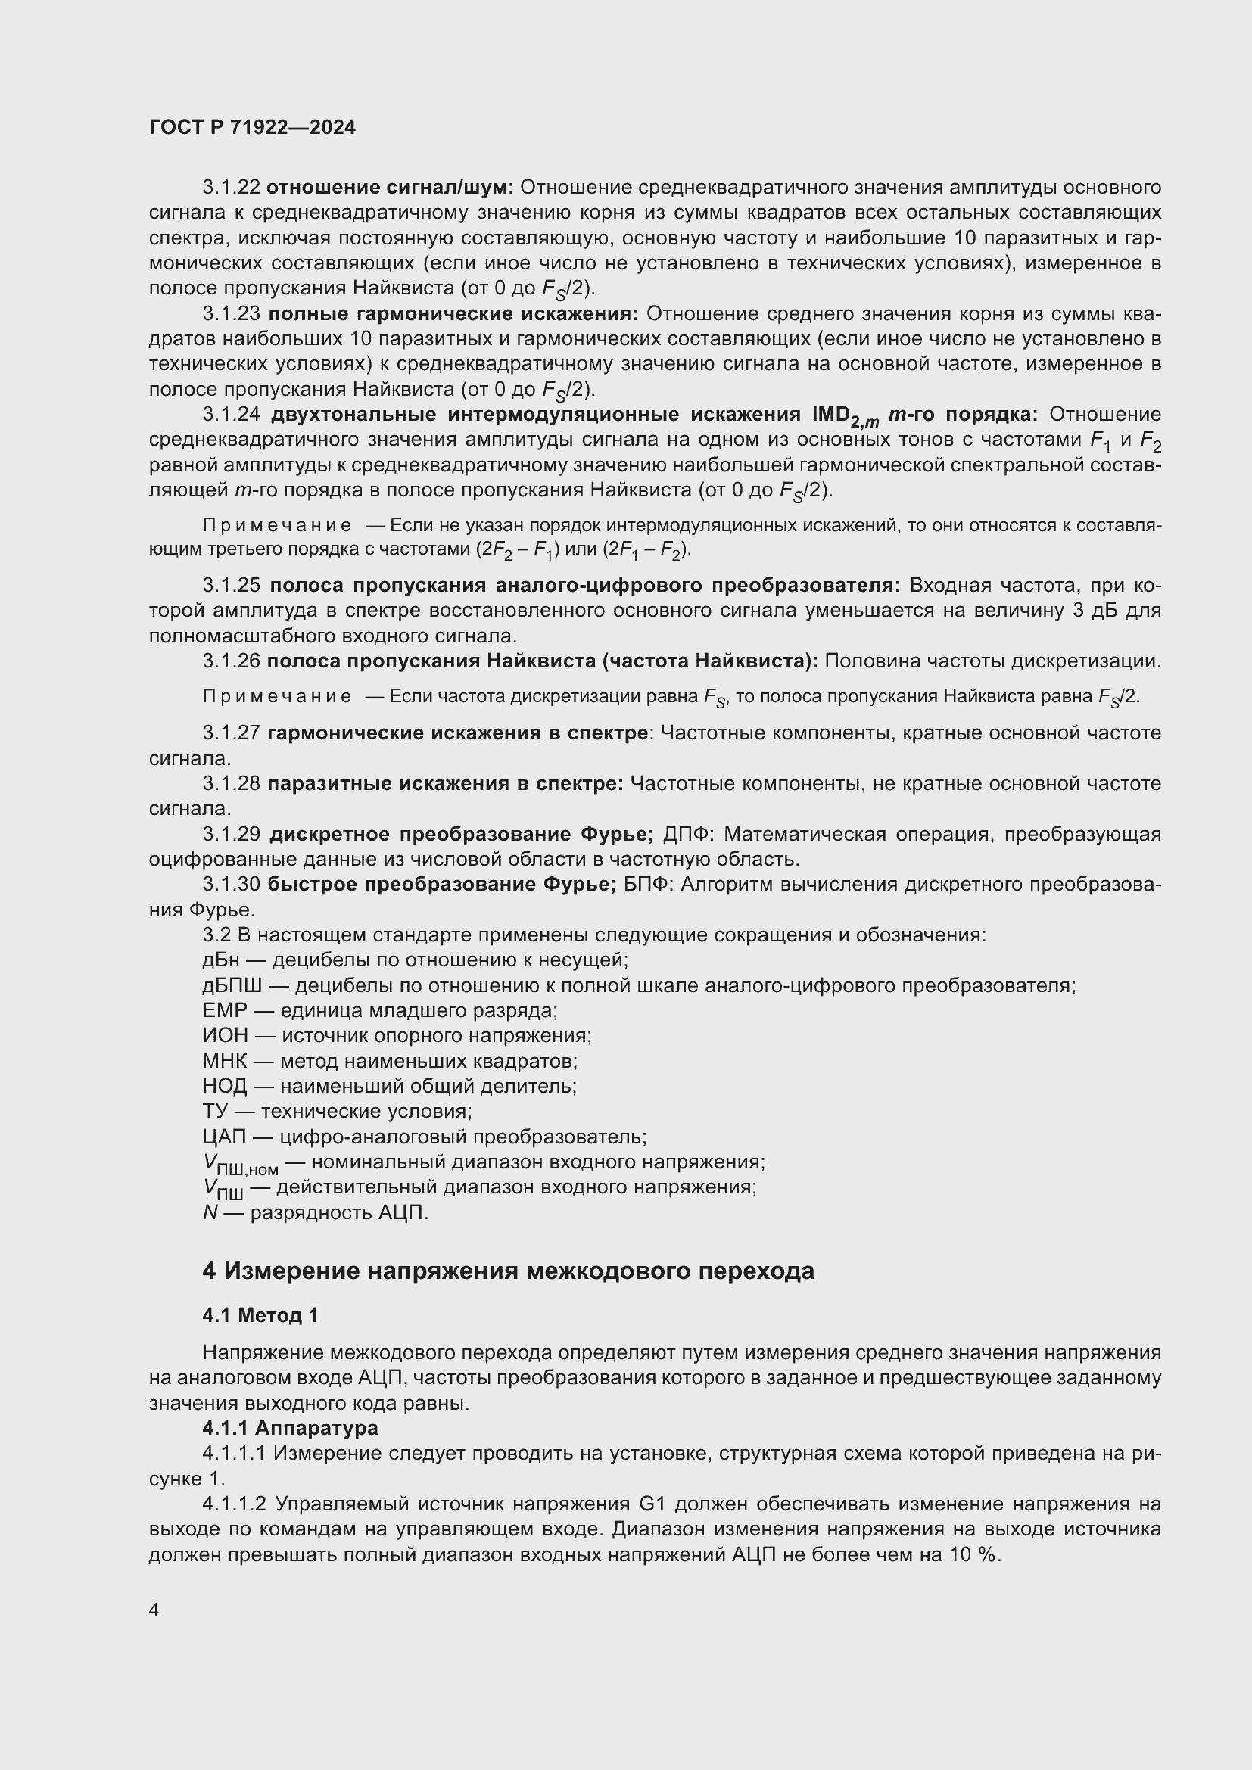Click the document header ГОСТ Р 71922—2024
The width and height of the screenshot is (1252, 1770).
tap(252, 128)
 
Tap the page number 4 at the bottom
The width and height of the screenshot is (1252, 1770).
tap(154, 1610)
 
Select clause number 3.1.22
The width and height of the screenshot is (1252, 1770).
tap(232, 188)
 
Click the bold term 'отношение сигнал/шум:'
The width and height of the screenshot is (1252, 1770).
tap(390, 188)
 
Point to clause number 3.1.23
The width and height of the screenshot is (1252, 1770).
tap(232, 314)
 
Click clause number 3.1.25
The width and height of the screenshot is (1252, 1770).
tap(232, 585)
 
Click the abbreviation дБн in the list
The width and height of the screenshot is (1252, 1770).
tap(221, 960)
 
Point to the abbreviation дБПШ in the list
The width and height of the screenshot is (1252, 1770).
tap(232, 985)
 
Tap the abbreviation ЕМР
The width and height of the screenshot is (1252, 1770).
tap(225, 1010)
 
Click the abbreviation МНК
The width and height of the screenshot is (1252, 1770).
tap(223, 1061)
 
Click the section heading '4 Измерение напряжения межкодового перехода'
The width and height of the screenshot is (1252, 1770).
tap(508, 1271)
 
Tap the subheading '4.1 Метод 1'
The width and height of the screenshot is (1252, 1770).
tap(260, 1315)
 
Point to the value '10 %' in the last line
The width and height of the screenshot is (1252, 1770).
tap(973, 1554)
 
